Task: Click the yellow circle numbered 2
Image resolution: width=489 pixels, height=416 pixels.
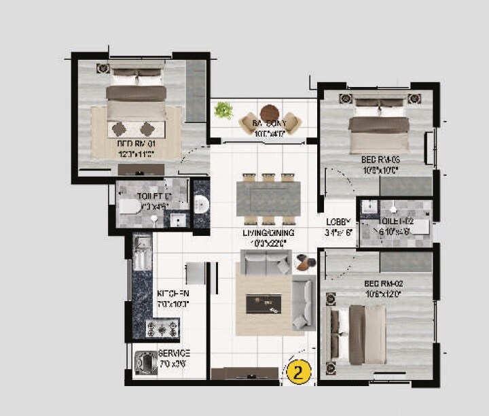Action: [299, 372]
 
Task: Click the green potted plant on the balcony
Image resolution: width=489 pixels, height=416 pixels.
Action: [223, 109]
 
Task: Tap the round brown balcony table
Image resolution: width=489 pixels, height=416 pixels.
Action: [270, 112]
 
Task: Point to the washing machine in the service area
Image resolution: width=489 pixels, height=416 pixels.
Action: [145, 365]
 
